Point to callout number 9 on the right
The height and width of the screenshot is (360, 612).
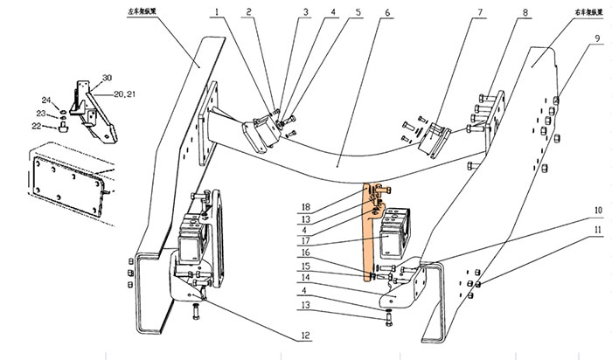(596, 38)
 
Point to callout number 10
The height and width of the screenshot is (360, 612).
(597, 211)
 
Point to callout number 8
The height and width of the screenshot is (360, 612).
(525, 13)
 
